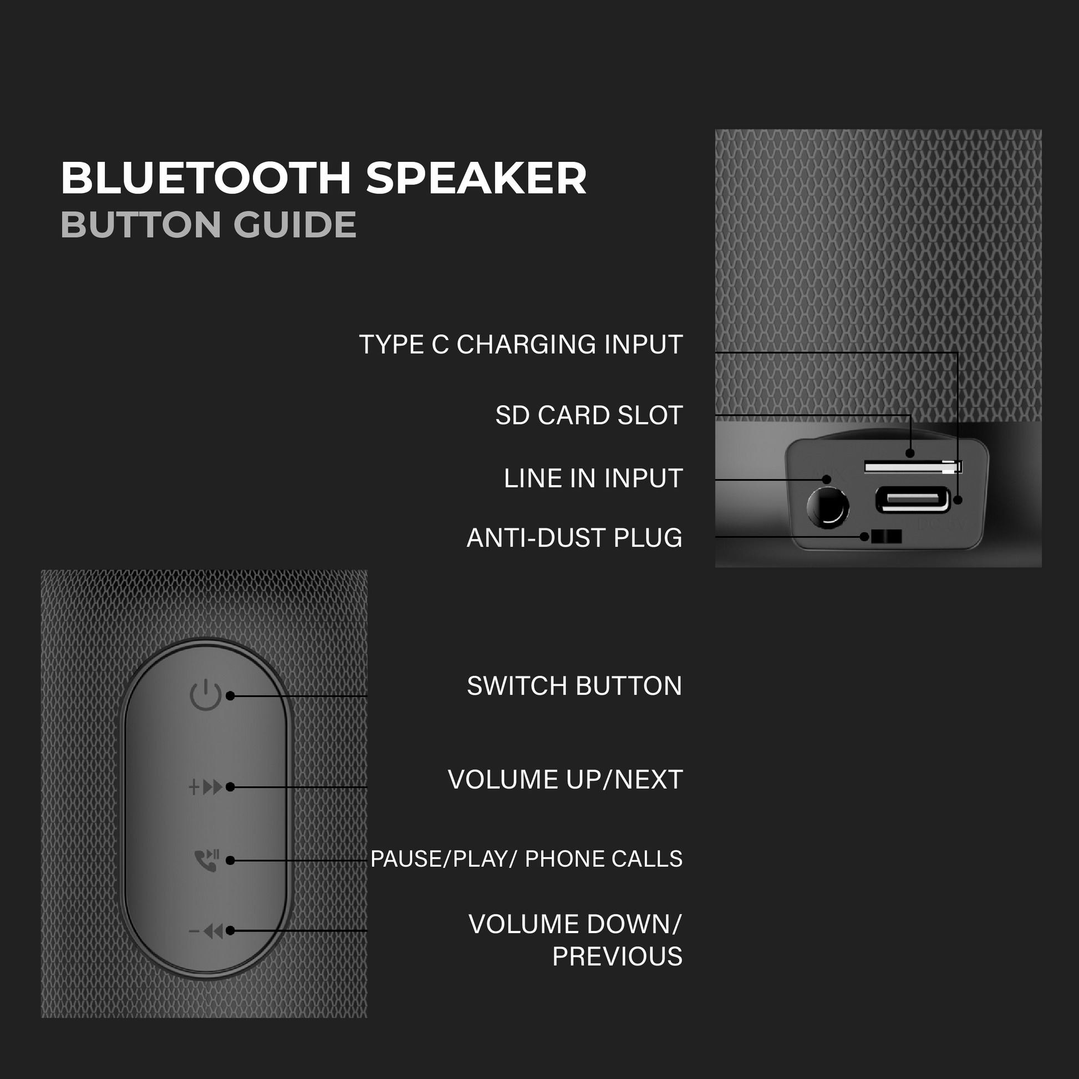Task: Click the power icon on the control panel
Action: (x=206, y=695)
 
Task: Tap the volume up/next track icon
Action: (x=206, y=787)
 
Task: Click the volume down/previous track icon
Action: (x=206, y=931)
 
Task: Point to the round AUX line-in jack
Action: (x=828, y=507)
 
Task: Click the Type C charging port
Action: (x=912, y=500)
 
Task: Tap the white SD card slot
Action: (x=912, y=466)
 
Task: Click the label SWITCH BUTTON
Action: (x=574, y=686)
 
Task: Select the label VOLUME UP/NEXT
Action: (x=564, y=780)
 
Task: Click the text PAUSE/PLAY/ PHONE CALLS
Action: (x=526, y=859)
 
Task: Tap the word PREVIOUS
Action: (x=617, y=956)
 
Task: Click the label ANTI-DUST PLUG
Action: (x=574, y=538)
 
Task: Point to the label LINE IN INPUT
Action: (x=593, y=479)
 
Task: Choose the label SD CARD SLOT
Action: (x=589, y=415)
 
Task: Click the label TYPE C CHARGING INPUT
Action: (x=521, y=344)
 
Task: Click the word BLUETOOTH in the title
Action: (x=206, y=178)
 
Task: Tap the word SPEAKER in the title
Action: (x=476, y=178)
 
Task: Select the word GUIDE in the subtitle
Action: (x=294, y=225)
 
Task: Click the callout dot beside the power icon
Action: (x=230, y=696)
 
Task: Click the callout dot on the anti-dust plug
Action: (x=864, y=537)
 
